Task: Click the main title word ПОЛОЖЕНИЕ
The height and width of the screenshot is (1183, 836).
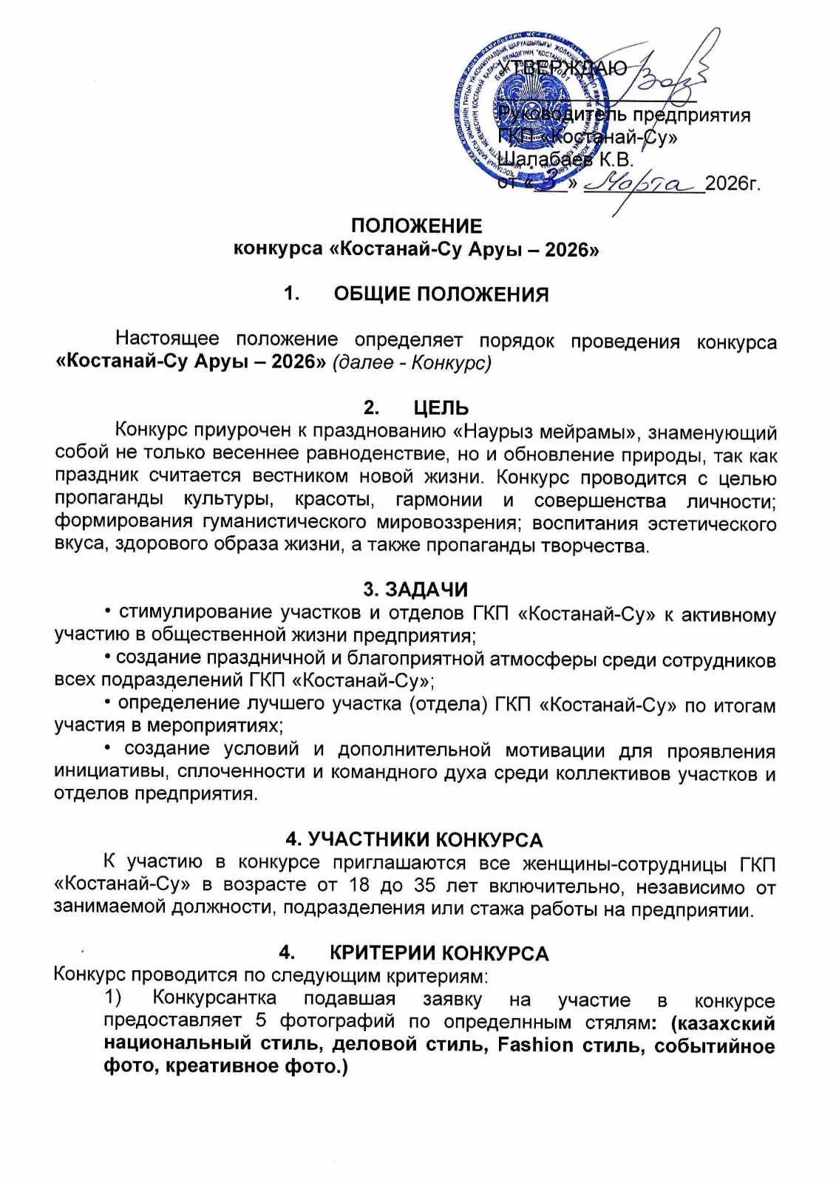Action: tap(416, 226)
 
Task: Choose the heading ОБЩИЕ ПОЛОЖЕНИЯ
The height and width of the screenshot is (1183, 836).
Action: tap(441, 294)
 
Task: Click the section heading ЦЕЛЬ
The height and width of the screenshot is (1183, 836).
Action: tap(441, 407)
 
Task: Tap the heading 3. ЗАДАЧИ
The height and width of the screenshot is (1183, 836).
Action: tap(415, 589)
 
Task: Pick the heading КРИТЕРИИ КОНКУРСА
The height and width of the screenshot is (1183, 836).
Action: tap(439, 954)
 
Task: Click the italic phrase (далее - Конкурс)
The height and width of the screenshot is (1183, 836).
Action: tap(412, 364)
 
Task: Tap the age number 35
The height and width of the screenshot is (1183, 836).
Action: tap(424, 886)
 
